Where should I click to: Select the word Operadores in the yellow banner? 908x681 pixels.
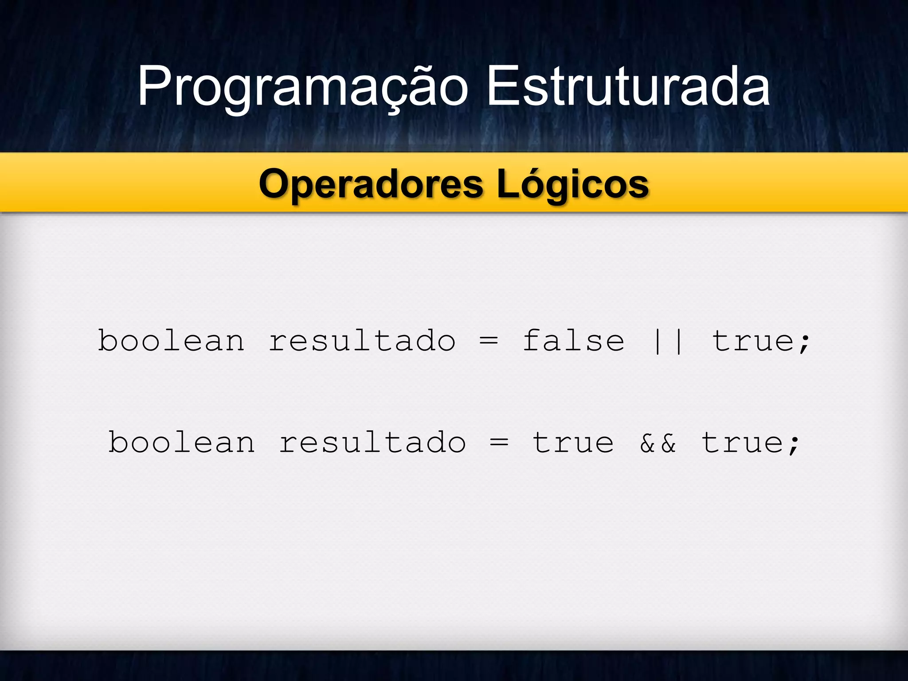click(371, 184)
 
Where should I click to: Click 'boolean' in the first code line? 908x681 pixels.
click(171, 341)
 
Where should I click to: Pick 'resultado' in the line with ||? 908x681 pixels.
click(362, 341)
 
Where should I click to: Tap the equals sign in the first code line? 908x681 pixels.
click(489, 342)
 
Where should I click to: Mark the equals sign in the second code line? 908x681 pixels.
click(499, 443)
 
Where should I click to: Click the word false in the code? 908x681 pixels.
click(573, 341)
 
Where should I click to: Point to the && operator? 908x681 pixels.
click(658, 443)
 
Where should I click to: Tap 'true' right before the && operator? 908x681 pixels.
click(573, 443)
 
